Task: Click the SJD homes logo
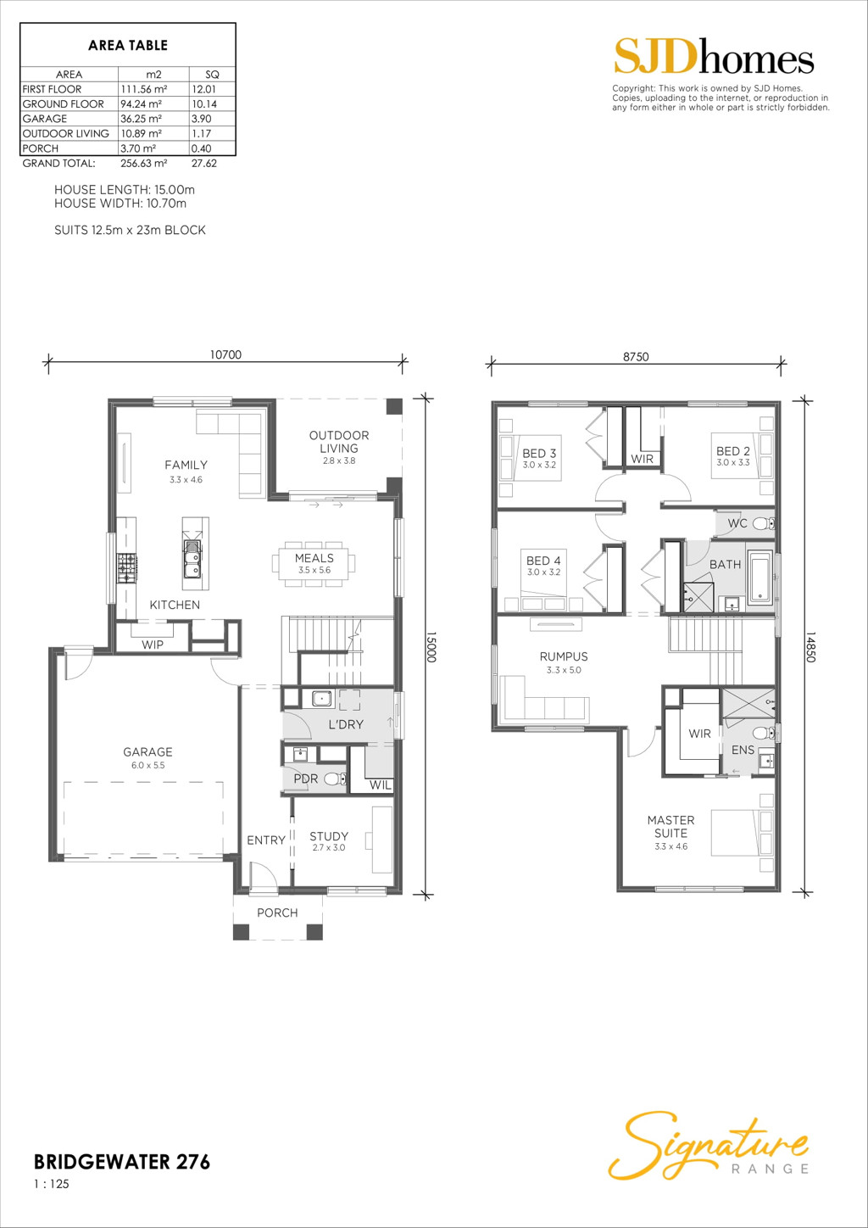pyautogui.click(x=713, y=58)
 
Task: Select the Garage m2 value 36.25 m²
pyautogui.click(x=142, y=119)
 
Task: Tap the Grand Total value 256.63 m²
pyautogui.click(x=143, y=164)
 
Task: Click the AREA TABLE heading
pyautogui.click(x=128, y=46)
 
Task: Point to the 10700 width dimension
pyautogui.click(x=225, y=355)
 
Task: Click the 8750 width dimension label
pyautogui.click(x=636, y=357)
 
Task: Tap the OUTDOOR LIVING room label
pyautogui.click(x=339, y=442)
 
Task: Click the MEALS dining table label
pyautogui.click(x=314, y=559)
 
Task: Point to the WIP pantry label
pyautogui.click(x=153, y=645)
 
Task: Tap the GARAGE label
pyautogui.click(x=147, y=752)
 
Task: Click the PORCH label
pyautogui.click(x=277, y=913)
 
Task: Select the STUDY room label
pyautogui.click(x=329, y=836)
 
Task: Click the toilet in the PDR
pyautogui.click(x=334, y=779)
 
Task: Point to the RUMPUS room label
pyautogui.click(x=564, y=656)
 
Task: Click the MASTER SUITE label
pyautogui.click(x=670, y=827)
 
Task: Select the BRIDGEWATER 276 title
pyautogui.click(x=122, y=1162)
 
